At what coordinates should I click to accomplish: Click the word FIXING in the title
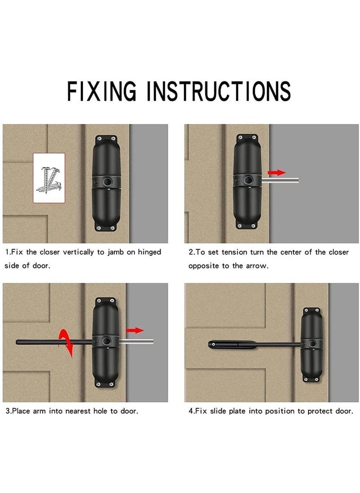(x=102, y=91)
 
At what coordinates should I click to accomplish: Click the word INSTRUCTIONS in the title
(x=219, y=91)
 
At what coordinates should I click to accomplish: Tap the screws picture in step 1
(x=49, y=178)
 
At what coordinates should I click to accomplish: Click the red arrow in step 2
(x=277, y=172)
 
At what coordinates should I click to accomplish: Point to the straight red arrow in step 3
(x=135, y=330)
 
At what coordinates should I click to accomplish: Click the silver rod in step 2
(x=280, y=180)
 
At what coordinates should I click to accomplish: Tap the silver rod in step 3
(x=136, y=341)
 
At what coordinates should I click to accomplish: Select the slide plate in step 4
(x=232, y=345)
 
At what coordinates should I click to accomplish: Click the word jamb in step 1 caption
(x=115, y=252)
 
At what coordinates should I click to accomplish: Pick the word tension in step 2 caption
(x=234, y=252)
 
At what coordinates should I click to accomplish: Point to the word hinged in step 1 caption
(x=149, y=252)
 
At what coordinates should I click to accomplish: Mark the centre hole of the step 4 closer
(x=312, y=344)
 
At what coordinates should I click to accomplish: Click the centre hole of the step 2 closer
(x=249, y=180)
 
